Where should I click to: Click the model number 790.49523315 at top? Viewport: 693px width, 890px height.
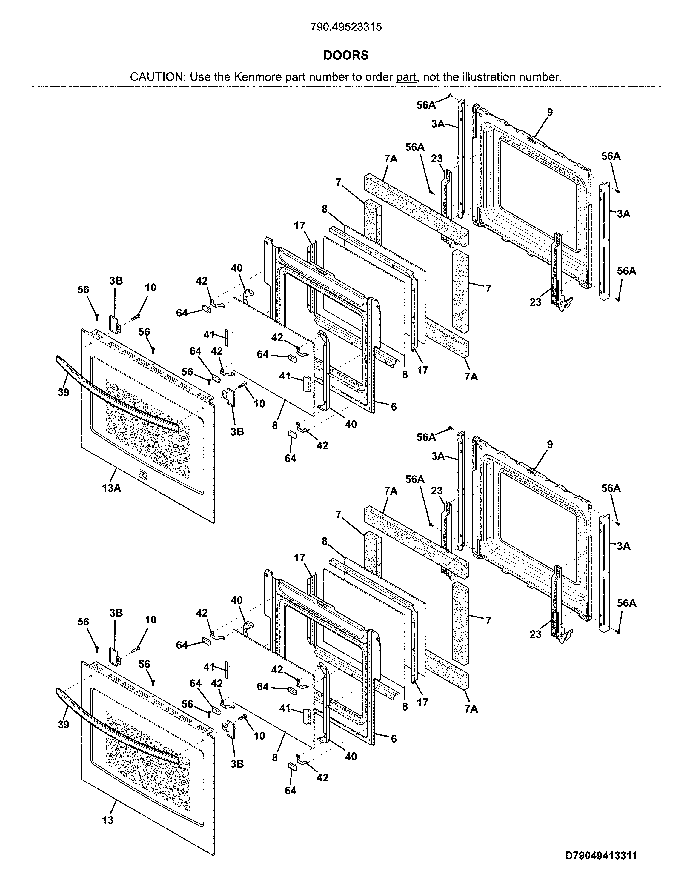(346, 27)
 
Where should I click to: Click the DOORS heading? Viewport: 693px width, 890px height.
(346, 56)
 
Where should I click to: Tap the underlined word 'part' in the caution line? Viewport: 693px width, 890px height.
(406, 77)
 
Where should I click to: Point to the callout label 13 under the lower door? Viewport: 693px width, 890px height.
(107, 820)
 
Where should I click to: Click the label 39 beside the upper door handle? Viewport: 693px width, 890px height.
(63, 392)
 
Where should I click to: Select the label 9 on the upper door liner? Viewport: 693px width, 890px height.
(550, 112)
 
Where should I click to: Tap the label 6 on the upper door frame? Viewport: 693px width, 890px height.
(394, 407)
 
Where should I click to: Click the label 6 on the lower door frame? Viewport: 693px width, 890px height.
(394, 739)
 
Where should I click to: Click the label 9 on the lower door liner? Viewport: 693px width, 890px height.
(550, 444)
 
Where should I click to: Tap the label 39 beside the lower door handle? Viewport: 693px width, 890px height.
(63, 725)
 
